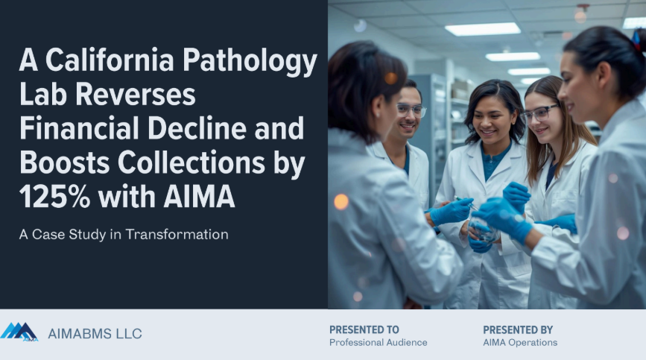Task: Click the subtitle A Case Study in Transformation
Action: pos(124,234)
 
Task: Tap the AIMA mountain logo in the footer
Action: pos(19,332)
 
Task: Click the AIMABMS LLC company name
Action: pos(95,333)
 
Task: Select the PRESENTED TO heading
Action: pos(364,329)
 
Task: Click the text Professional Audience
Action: pos(379,343)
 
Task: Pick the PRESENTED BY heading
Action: pos(518,329)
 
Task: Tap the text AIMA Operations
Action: pos(520,343)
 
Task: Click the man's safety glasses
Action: pos(411,110)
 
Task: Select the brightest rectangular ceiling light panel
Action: pos(483,29)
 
